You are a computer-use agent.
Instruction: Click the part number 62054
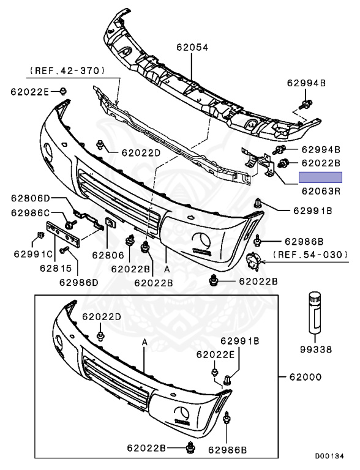click(192, 47)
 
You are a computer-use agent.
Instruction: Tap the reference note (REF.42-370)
click(67, 71)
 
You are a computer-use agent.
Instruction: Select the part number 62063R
click(321, 191)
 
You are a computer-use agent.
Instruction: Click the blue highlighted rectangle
click(320, 177)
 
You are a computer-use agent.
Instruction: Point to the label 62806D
click(31, 198)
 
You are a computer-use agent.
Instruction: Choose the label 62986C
click(31, 212)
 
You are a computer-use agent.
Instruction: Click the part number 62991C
click(33, 254)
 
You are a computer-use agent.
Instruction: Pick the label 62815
click(56, 268)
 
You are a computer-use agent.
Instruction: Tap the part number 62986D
click(78, 282)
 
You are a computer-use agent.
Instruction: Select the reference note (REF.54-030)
click(311, 255)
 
